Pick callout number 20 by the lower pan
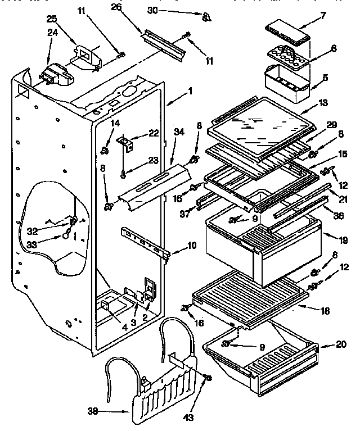pos(341,346)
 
